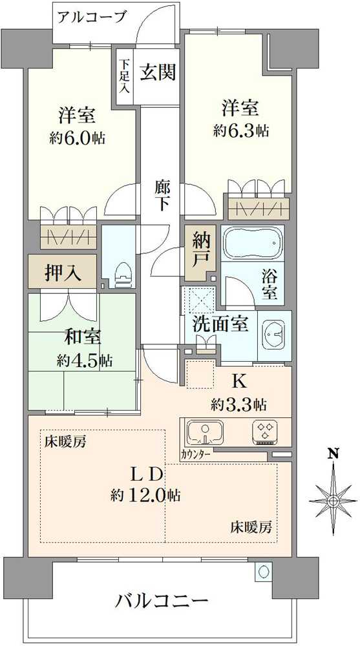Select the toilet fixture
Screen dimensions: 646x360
pos(121,275)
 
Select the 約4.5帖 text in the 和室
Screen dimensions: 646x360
pos(81,360)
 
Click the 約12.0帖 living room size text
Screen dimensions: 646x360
pos(145,495)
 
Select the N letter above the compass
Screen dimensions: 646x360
pos(333,453)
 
